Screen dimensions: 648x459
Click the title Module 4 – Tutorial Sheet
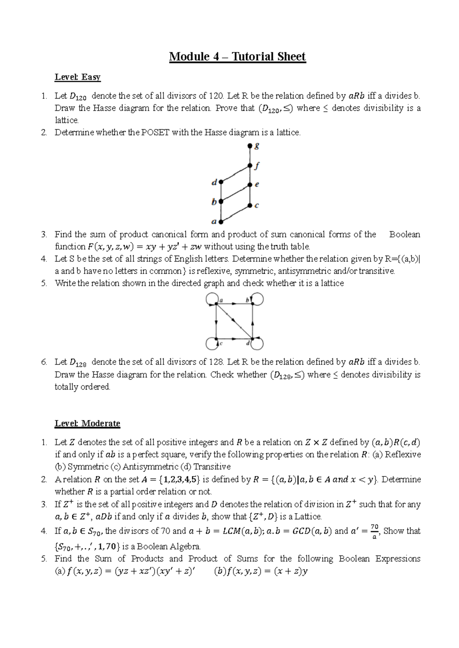(237, 57)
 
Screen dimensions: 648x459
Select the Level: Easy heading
(77, 77)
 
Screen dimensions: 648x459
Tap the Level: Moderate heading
(87, 423)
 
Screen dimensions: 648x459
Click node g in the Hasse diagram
(250, 146)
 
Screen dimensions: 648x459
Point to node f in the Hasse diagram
(250, 166)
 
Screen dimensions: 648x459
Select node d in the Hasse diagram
(221, 183)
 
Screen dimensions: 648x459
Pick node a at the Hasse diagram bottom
(221, 221)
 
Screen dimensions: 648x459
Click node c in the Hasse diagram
(250, 205)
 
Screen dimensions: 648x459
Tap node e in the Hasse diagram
(250, 185)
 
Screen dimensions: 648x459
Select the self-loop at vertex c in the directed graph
(212, 343)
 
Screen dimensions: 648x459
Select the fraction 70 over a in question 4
(374, 531)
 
